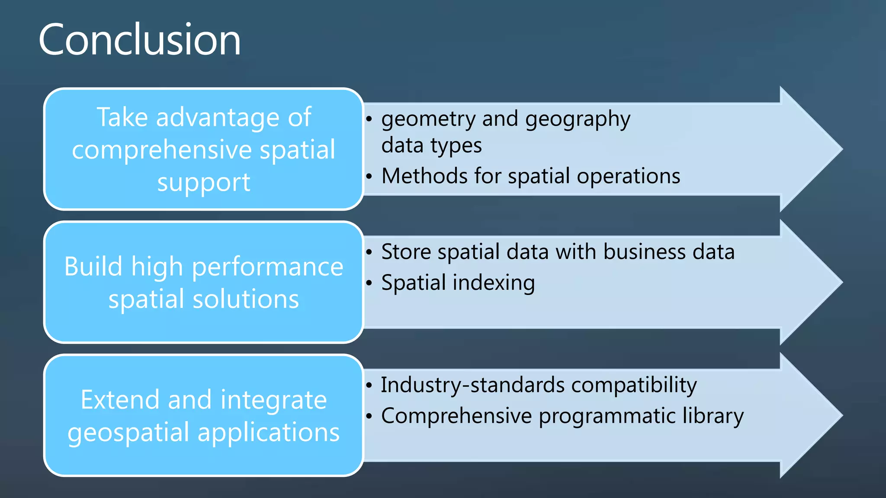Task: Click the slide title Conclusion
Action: (x=139, y=40)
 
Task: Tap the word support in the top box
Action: (x=203, y=182)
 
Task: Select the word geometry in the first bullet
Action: (x=428, y=119)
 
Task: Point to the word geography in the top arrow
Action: (x=578, y=119)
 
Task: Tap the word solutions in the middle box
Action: (x=245, y=299)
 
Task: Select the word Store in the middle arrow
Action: (x=406, y=252)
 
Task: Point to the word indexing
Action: (x=494, y=283)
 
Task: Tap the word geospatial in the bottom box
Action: (x=128, y=432)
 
